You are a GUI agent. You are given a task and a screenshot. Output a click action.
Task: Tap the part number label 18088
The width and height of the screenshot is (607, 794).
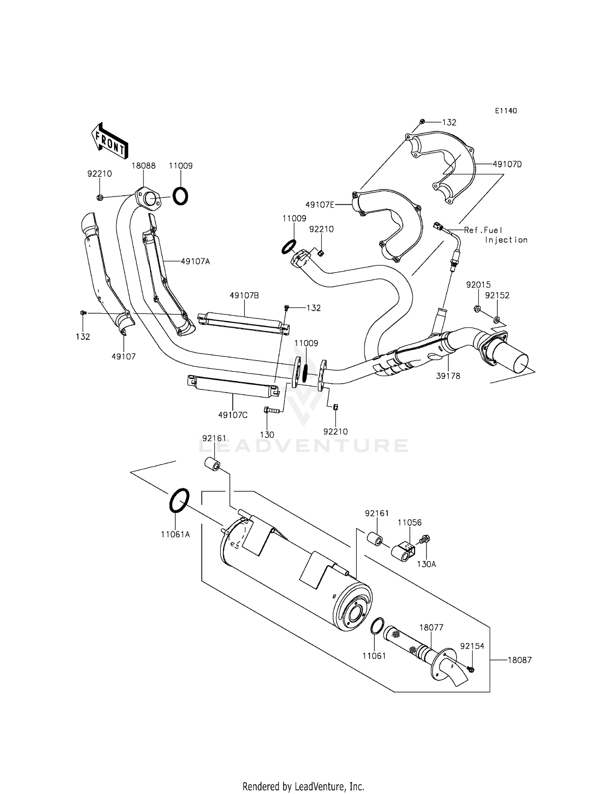coord(143,166)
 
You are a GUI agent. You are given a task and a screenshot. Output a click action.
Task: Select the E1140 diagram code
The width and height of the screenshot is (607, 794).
coord(505,111)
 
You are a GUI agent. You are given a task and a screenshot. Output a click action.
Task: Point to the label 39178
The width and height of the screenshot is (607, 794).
coord(448,376)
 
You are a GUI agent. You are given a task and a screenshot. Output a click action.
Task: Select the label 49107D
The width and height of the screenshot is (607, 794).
coord(507,164)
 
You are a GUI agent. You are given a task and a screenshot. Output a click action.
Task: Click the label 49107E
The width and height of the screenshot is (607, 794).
coord(320,205)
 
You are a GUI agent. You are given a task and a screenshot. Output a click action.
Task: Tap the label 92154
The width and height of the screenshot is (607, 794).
coord(472,646)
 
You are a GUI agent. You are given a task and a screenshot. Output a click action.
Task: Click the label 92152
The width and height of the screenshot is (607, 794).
coord(497,295)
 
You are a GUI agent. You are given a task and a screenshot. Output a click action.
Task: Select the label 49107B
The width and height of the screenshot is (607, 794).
coord(244,296)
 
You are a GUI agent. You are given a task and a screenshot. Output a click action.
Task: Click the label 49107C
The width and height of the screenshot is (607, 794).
coord(233,415)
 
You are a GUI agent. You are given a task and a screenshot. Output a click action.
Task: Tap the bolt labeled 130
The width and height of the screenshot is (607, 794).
coord(272,410)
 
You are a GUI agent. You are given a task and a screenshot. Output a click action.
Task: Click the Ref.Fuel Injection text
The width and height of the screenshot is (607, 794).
coord(495,235)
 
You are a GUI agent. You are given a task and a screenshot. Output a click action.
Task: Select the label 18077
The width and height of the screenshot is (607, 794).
coord(431,628)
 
